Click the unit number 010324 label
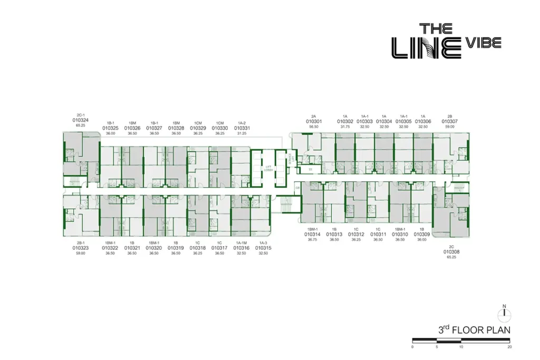click(x=81, y=120)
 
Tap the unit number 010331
click(x=242, y=128)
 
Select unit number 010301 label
click(x=313, y=121)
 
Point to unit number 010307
click(x=450, y=121)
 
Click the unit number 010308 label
click(x=451, y=252)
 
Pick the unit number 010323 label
click(x=81, y=247)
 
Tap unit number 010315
click(x=263, y=247)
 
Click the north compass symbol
click(x=505, y=314)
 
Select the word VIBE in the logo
click(x=484, y=43)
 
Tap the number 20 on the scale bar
click(x=509, y=347)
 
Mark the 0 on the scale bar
click(x=412, y=347)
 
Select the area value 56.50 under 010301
click(x=313, y=127)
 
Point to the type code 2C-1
click(x=81, y=114)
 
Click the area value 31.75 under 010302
click(x=345, y=127)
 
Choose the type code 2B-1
click(x=81, y=242)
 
